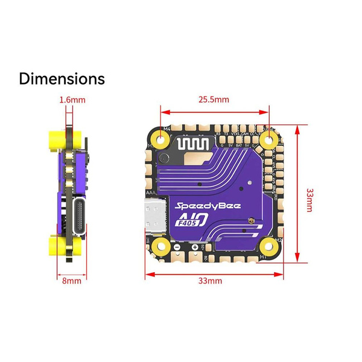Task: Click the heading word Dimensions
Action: pos(62,79)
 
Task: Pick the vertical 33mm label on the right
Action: pos(310,199)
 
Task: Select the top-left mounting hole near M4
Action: pos(161,141)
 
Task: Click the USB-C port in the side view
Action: pos(79,214)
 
